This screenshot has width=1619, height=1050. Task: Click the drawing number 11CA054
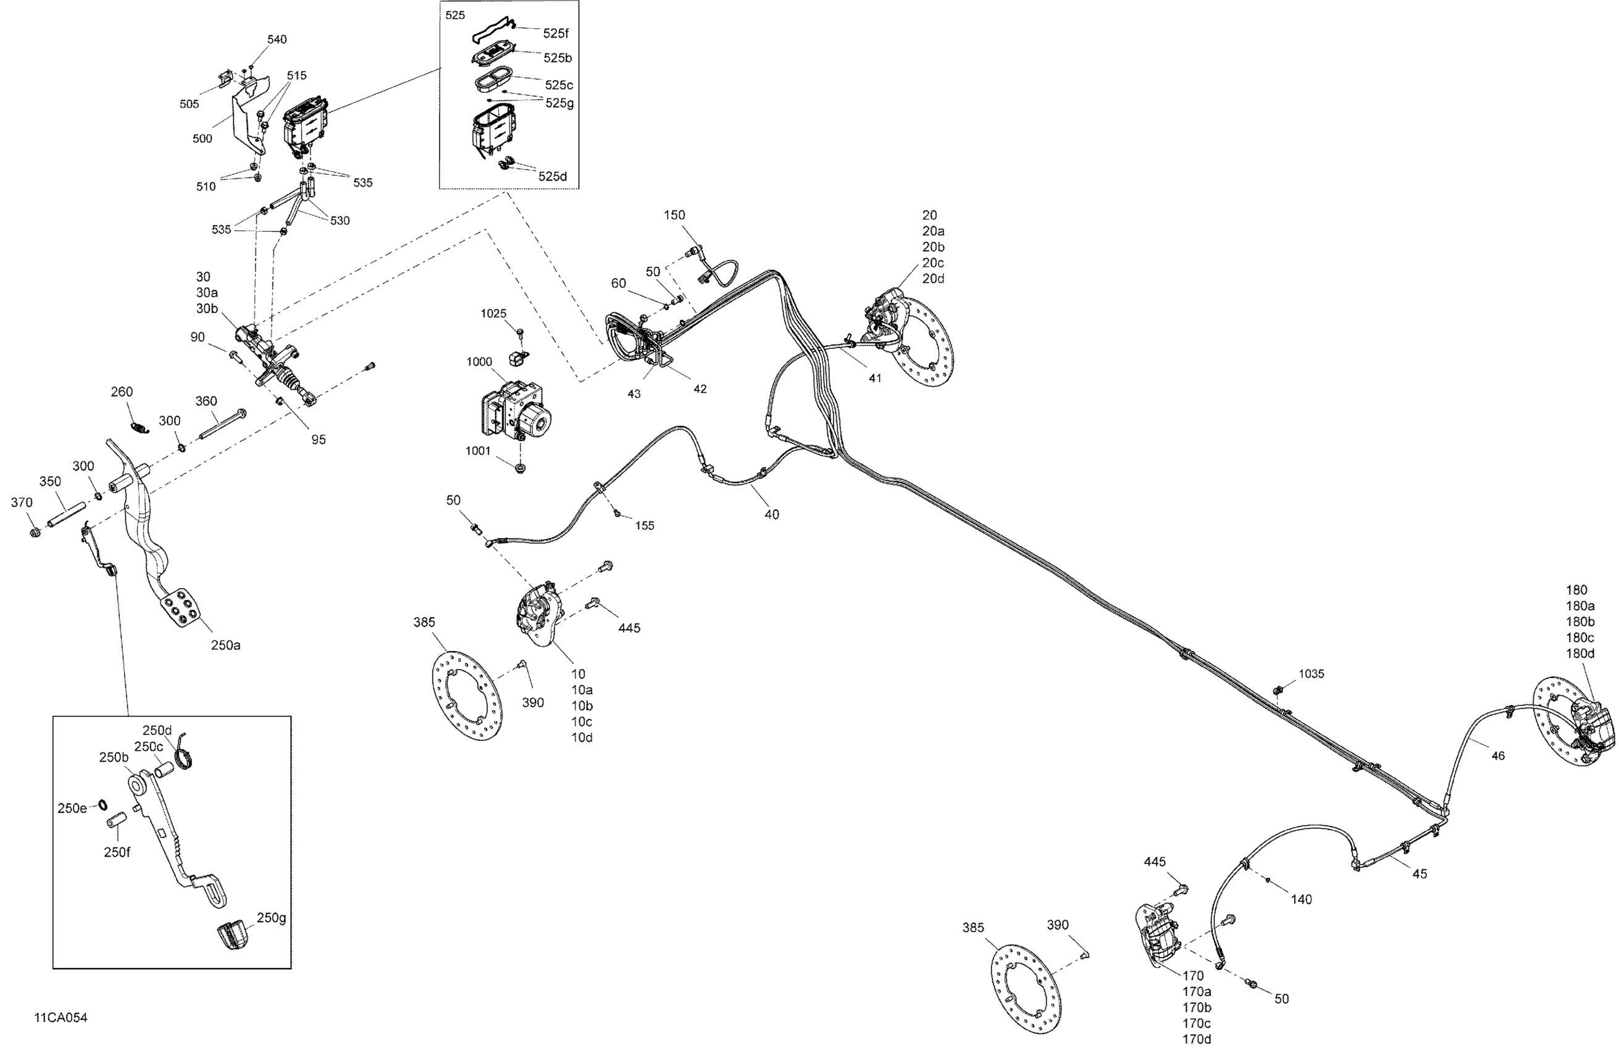(61, 1017)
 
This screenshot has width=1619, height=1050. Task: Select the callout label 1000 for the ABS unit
(479, 362)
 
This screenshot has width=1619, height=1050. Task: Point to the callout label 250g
(272, 918)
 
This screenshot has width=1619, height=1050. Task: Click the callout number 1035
(1311, 674)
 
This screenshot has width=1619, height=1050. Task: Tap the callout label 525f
(556, 33)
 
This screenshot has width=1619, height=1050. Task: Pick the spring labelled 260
(139, 427)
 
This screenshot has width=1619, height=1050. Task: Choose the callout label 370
(22, 503)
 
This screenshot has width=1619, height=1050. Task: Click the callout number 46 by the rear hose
(1498, 755)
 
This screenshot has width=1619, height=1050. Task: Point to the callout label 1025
(493, 314)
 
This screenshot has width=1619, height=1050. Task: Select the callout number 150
(674, 215)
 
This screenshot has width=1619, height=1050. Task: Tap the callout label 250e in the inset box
(72, 808)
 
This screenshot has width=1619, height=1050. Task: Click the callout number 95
(319, 440)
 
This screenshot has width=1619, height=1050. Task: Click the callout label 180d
(1580, 653)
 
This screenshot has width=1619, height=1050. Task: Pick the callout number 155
(644, 526)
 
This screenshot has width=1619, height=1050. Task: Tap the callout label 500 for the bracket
(202, 139)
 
